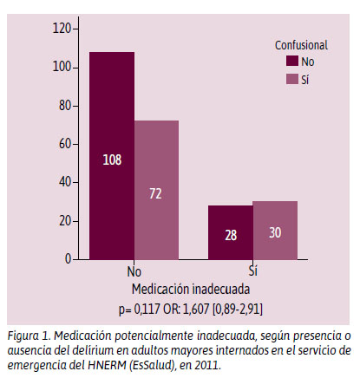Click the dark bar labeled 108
112,156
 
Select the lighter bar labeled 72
156,190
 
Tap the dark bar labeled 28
231,232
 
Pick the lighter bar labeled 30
275,231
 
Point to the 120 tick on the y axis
62,29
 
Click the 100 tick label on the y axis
62,67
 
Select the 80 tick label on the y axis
65,106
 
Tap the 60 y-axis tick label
65,144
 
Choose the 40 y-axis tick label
65,182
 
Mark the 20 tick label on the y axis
65,221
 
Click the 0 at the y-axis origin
68,259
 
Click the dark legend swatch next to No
292,62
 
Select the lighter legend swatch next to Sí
292,79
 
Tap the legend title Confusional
301,45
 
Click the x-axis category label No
134,271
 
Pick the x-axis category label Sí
252,271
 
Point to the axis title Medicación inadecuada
191,289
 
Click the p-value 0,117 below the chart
147,309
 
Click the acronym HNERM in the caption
107,365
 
